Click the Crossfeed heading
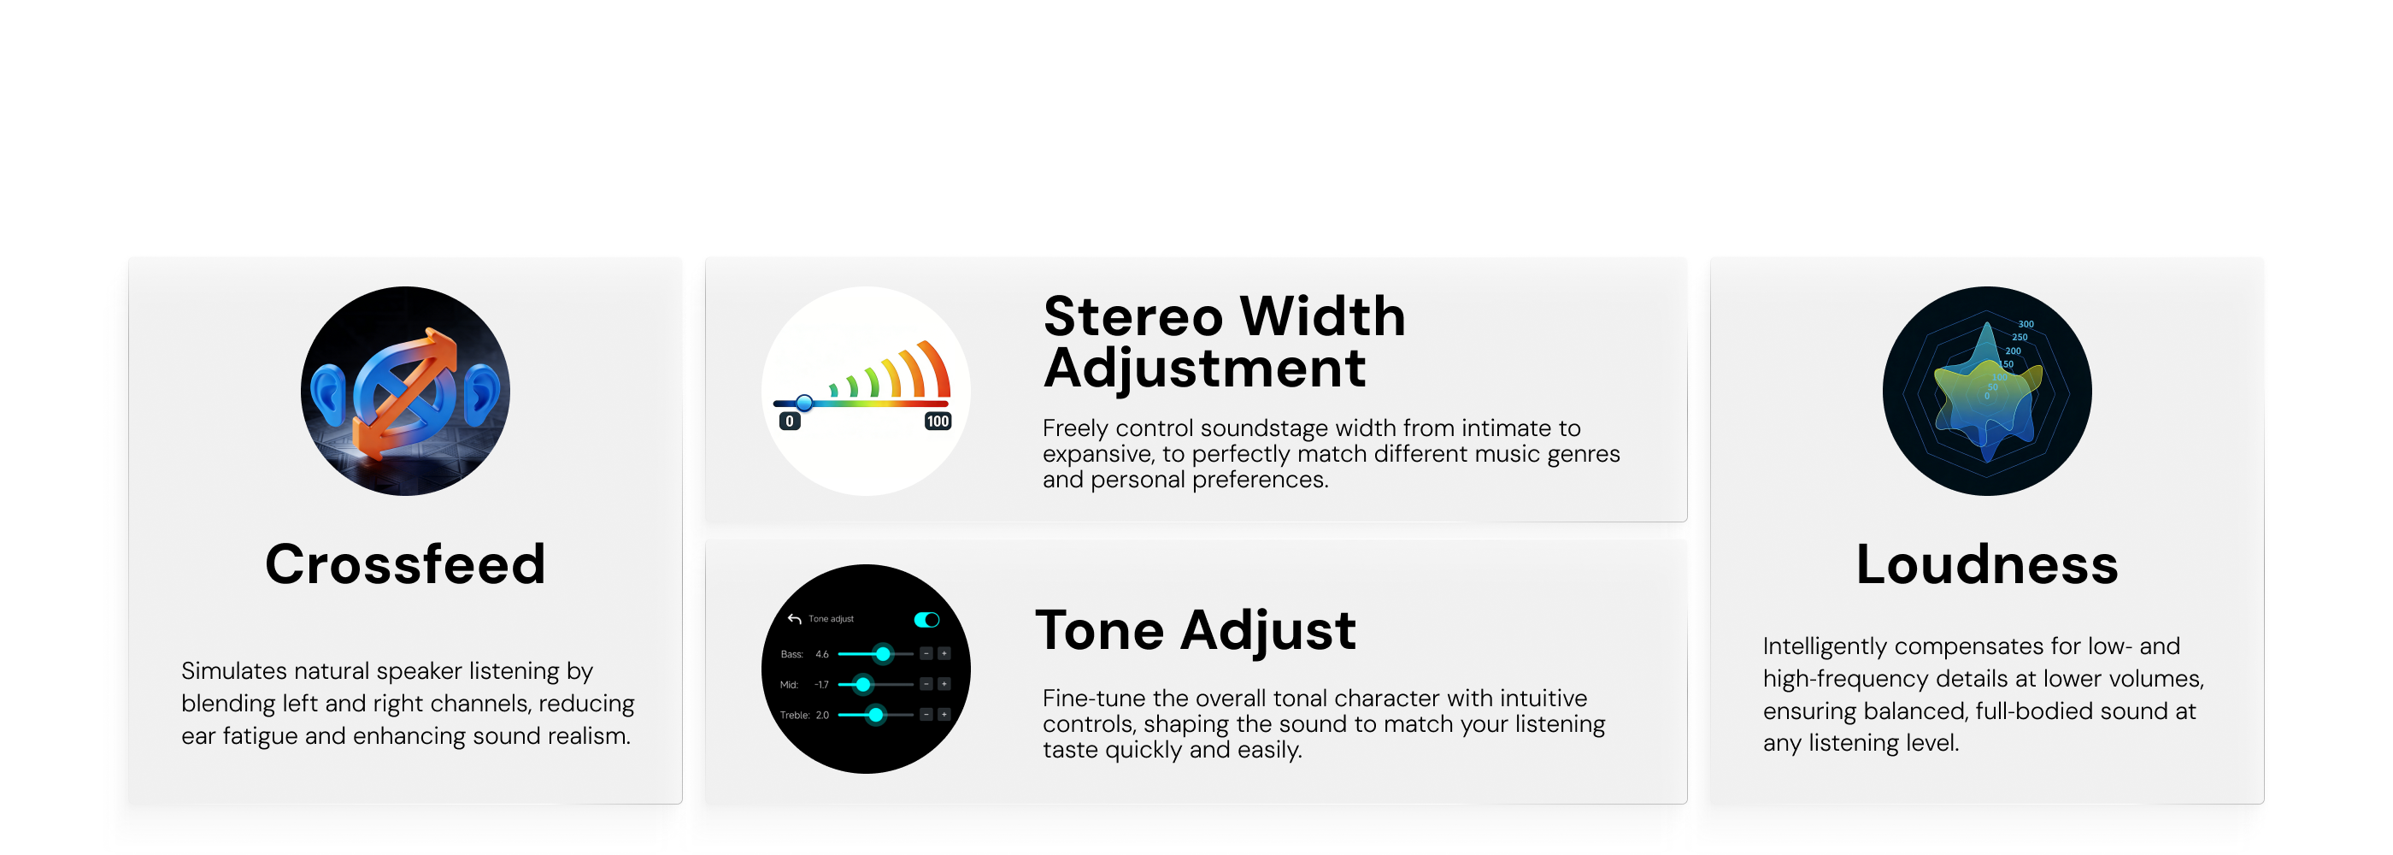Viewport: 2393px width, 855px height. pyautogui.click(x=405, y=564)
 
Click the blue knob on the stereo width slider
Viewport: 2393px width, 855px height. pyautogui.click(x=804, y=403)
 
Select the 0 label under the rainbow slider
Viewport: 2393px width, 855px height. pyautogui.click(x=790, y=421)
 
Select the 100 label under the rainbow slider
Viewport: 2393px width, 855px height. pyautogui.click(x=938, y=421)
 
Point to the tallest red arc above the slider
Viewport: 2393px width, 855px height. pyautogui.click(x=934, y=369)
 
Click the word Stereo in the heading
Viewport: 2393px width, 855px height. pyautogui.click(x=1133, y=316)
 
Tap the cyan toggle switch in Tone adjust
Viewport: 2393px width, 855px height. pyautogui.click(x=926, y=620)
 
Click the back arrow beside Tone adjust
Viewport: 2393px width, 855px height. pyautogui.click(x=794, y=619)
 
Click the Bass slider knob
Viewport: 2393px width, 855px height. pyautogui.click(x=883, y=654)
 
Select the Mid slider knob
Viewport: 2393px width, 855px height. pyautogui.click(x=863, y=685)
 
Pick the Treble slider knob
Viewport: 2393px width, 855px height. pyautogui.click(x=875, y=715)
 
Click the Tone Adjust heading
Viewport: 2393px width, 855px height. pyautogui.click(x=1196, y=631)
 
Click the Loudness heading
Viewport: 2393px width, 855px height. pyautogui.click(x=1987, y=564)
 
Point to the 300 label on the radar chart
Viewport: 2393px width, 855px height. pyautogui.click(x=2026, y=324)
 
